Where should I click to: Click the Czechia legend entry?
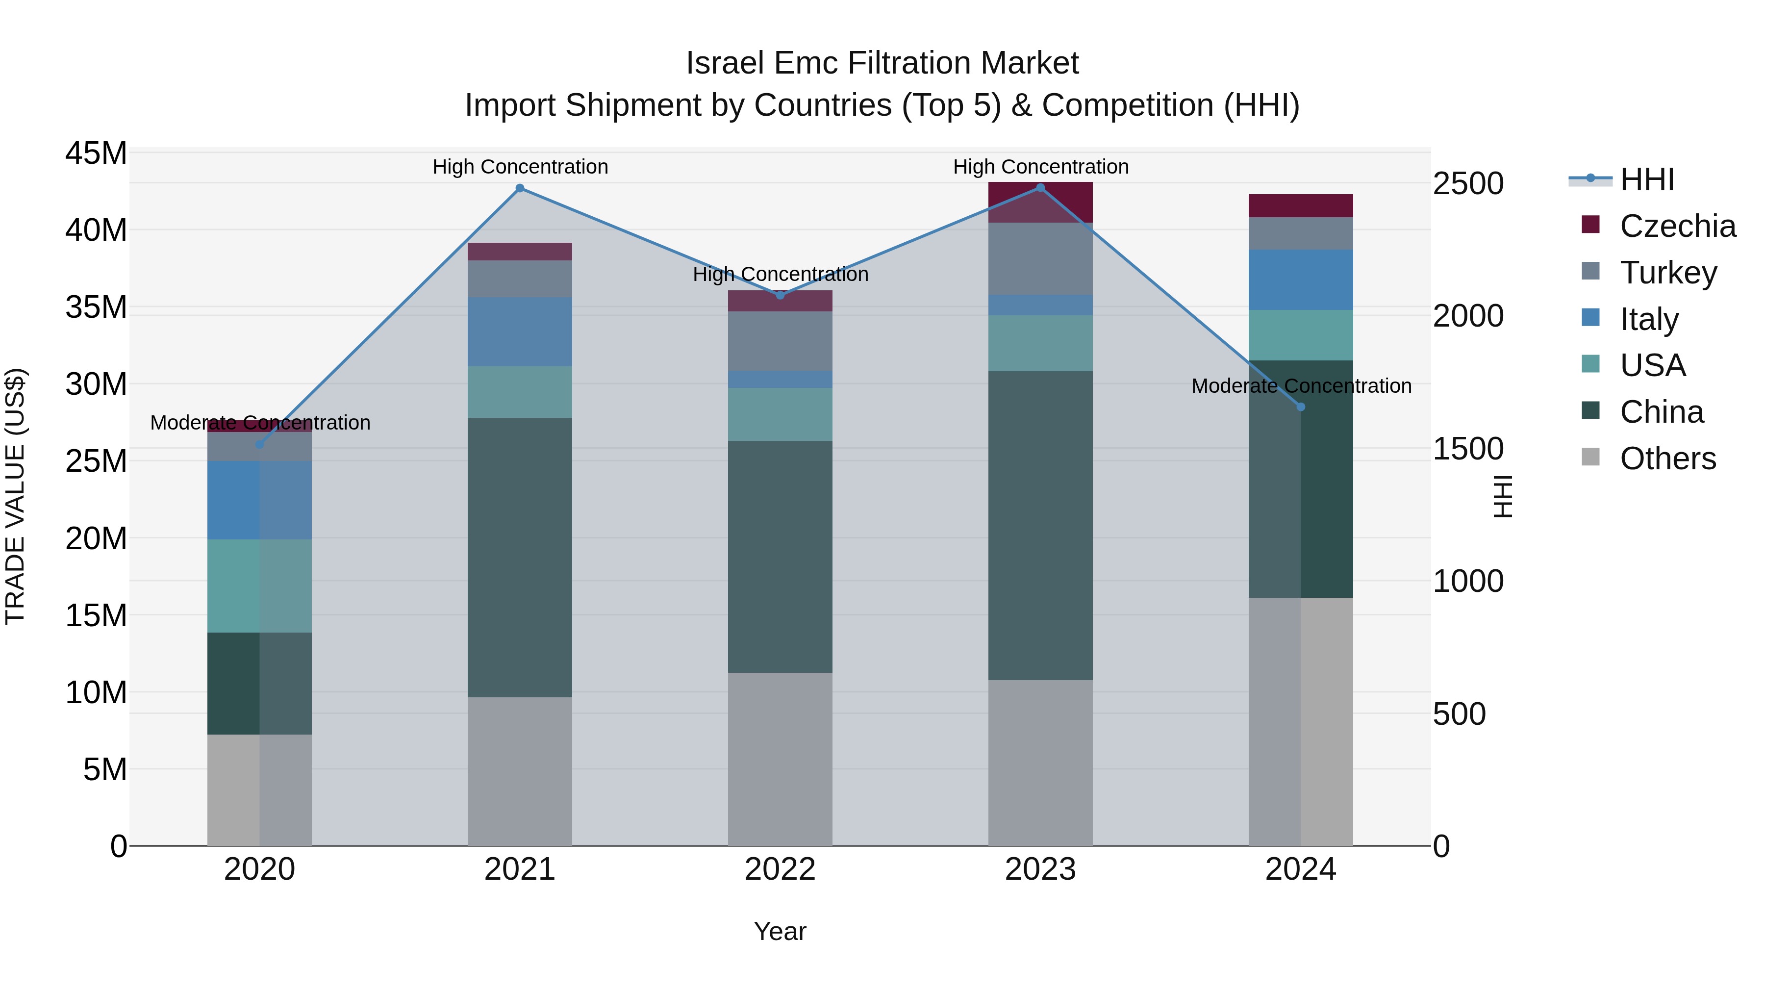(1677, 226)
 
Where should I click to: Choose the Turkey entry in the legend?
(1668, 273)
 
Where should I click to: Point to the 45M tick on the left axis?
(96, 153)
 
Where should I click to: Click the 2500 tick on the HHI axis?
(1467, 184)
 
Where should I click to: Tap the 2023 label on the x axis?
(1040, 869)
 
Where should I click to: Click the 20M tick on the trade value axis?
(96, 538)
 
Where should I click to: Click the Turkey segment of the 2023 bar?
(1040, 258)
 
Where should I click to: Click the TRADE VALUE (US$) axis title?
(15, 496)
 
